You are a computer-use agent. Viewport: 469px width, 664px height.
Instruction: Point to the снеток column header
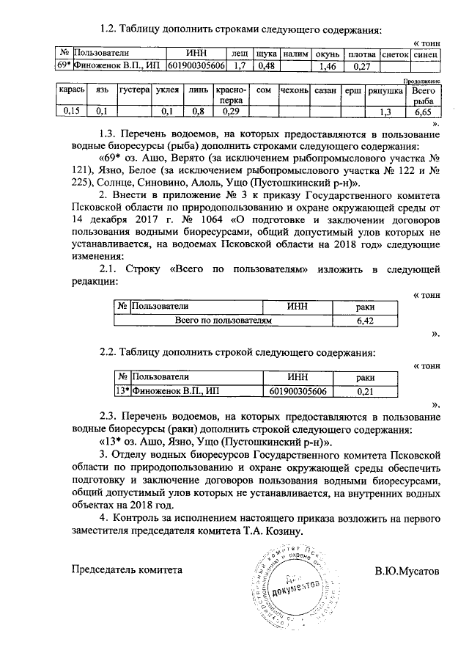coord(396,54)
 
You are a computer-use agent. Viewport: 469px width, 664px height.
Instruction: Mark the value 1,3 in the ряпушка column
coord(385,112)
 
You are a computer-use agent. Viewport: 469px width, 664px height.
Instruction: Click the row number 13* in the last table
coord(123,390)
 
